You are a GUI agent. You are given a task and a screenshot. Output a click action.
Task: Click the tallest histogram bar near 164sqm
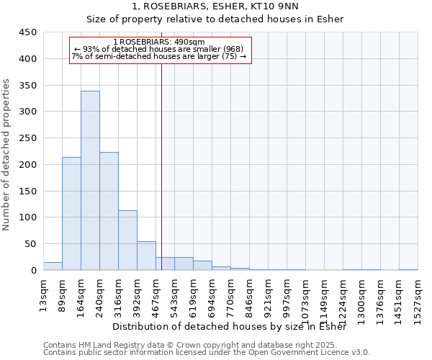click(x=90, y=181)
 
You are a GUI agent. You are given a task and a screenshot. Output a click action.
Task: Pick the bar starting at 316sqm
click(x=127, y=240)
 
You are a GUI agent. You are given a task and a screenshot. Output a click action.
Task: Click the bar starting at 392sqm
click(x=146, y=256)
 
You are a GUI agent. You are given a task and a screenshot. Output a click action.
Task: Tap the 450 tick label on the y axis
click(x=28, y=32)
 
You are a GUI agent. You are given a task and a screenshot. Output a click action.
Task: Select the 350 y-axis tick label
click(x=28, y=86)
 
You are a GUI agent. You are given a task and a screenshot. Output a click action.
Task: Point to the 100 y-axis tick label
click(x=28, y=217)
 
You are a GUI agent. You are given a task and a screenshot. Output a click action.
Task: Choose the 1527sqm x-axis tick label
click(x=418, y=297)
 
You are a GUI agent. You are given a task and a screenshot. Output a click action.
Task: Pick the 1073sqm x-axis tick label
click(x=305, y=297)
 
